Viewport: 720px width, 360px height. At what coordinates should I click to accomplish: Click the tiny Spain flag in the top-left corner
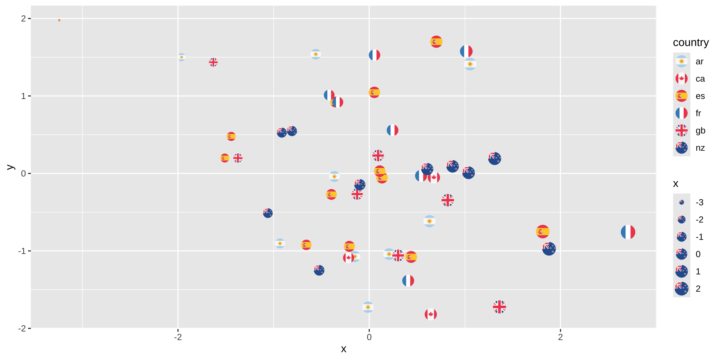59,20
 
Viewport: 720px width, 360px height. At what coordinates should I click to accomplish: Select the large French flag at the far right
628,232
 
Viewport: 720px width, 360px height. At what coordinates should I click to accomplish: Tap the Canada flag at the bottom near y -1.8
430,314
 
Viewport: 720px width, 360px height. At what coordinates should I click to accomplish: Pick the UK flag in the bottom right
499,307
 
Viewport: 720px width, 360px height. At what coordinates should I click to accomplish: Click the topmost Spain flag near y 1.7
436,42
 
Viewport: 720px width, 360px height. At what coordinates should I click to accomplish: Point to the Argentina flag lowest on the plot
368,307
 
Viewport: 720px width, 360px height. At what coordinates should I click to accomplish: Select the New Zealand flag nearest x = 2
549,249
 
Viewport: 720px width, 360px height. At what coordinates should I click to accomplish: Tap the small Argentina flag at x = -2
181,57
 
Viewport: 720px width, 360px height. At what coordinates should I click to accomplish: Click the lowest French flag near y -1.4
408,280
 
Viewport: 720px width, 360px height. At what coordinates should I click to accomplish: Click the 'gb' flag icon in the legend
681,130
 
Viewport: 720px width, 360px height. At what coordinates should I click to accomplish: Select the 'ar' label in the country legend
699,61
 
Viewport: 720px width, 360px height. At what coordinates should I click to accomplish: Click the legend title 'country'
690,42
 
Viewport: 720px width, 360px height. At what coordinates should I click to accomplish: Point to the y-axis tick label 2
24,18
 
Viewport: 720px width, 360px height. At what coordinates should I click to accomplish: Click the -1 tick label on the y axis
22,251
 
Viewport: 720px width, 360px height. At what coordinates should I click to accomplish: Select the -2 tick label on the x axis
178,337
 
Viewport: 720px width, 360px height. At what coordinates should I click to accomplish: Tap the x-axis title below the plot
343,349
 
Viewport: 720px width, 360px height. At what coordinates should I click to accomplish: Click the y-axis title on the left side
10,167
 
